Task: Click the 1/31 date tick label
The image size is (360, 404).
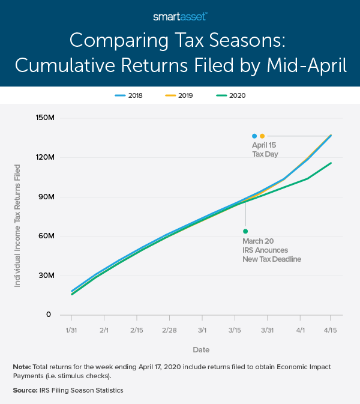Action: point(71,331)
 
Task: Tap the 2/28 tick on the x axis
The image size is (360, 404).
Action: point(170,331)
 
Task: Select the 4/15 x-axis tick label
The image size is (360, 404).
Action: point(331,331)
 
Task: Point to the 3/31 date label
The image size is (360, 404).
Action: point(267,331)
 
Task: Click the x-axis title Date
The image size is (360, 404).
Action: point(201,349)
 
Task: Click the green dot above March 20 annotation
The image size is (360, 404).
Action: point(245,231)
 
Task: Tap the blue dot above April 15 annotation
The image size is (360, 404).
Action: point(254,136)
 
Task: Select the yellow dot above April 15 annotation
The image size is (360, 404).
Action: point(262,136)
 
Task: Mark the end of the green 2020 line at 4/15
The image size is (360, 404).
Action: point(331,163)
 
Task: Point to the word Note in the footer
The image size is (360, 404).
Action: point(22,366)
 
